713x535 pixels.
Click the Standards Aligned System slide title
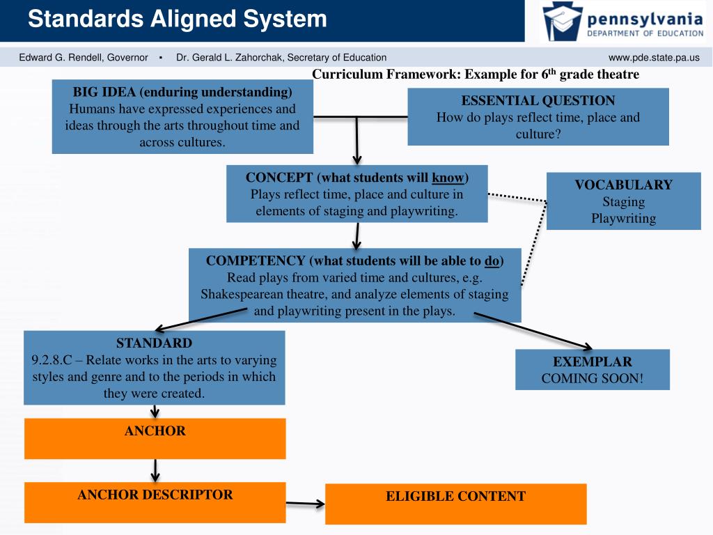click(x=178, y=19)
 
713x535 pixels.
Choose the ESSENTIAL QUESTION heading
click(x=538, y=100)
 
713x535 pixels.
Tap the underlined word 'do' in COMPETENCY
click(x=492, y=261)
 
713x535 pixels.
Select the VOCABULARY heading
click(x=623, y=185)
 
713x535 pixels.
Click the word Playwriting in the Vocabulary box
click(x=623, y=218)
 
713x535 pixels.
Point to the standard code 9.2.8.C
click(x=53, y=360)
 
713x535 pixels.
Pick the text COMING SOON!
click(x=593, y=378)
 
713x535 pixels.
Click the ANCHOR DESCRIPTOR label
click(x=155, y=495)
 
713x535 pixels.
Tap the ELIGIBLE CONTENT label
click(x=456, y=496)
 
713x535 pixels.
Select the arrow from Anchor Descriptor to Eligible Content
click(x=305, y=503)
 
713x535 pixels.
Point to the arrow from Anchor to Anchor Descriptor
click(x=155, y=470)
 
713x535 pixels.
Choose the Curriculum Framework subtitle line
click(x=475, y=75)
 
